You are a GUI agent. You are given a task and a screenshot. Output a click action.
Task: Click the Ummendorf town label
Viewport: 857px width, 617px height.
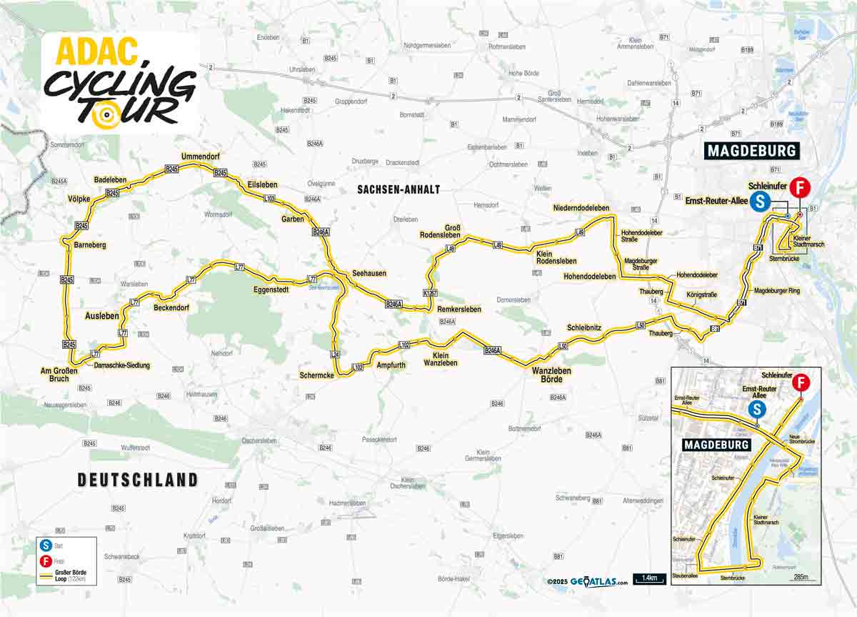click(199, 157)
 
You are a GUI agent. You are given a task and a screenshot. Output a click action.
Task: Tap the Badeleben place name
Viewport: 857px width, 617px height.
click(109, 180)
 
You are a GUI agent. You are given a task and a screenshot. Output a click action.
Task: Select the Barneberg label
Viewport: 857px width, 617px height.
click(89, 245)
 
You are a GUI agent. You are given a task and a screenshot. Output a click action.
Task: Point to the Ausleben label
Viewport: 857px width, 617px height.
click(102, 315)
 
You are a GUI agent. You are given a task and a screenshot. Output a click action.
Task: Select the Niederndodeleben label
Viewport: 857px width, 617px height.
click(581, 208)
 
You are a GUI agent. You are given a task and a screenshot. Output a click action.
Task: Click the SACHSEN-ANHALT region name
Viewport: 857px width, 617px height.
click(398, 189)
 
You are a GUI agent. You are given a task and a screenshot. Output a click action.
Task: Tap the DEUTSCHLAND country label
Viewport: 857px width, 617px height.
click(138, 480)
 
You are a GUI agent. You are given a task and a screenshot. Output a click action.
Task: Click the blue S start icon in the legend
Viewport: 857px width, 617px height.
click(46, 546)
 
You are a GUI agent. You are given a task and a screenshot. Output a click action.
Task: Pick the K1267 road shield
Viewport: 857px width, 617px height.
click(429, 293)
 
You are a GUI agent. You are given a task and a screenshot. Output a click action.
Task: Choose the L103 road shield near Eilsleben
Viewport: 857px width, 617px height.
click(269, 198)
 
